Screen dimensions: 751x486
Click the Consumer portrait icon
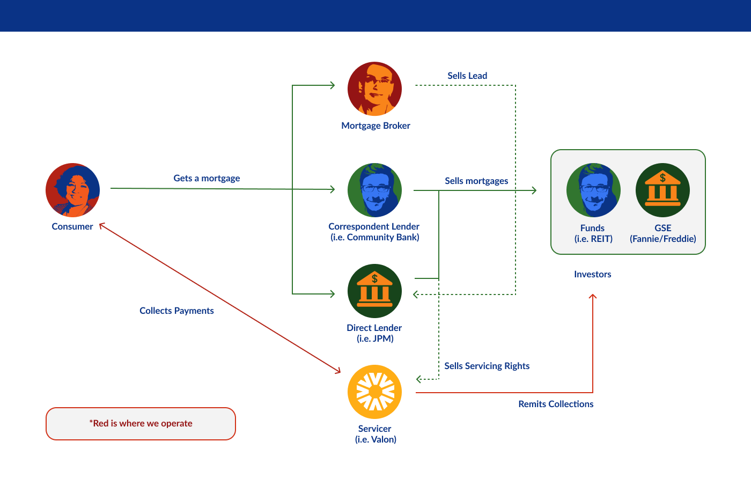pyautogui.click(x=73, y=190)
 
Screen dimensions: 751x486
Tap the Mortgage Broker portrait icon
pyautogui.click(x=375, y=89)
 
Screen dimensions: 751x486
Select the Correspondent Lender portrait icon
pyautogui.click(x=375, y=190)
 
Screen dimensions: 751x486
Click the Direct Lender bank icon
pyautogui.click(x=375, y=291)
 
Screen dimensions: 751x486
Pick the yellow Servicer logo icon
pyautogui.click(x=375, y=392)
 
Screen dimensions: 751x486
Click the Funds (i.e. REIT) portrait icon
pyautogui.click(x=593, y=190)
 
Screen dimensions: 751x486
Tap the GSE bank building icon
pyautogui.click(x=663, y=190)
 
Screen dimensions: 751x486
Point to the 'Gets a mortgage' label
pyautogui.click(x=207, y=178)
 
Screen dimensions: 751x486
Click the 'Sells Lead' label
pyautogui.click(x=467, y=76)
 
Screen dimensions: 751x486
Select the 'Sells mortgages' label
pyautogui.click(x=476, y=181)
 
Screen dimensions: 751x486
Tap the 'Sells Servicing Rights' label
pyautogui.click(x=487, y=366)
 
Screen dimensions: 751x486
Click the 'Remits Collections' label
pyautogui.click(x=556, y=404)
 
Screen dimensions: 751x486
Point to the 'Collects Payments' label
pyautogui.click(x=176, y=311)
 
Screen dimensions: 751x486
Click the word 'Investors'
pyautogui.click(x=592, y=274)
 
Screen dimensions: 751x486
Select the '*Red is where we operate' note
pyautogui.click(x=141, y=423)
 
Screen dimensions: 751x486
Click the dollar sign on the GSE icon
pyautogui.click(x=663, y=178)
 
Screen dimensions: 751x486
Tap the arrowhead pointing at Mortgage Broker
pyautogui.click(x=333, y=85)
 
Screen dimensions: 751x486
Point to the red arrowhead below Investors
pyautogui.click(x=593, y=296)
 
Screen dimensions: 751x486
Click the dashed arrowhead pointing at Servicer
pyautogui.click(x=418, y=379)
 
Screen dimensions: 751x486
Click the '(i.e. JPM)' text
pyautogui.click(x=375, y=338)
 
